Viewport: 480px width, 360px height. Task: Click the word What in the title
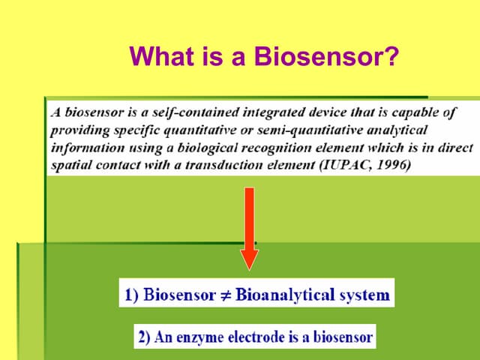pyautogui.click(x=162, y=55)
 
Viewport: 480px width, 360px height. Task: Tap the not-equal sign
pyautogui.click(x=226, y=295)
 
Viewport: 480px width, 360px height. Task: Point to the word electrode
pyautogui.click(x=256, y=337)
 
